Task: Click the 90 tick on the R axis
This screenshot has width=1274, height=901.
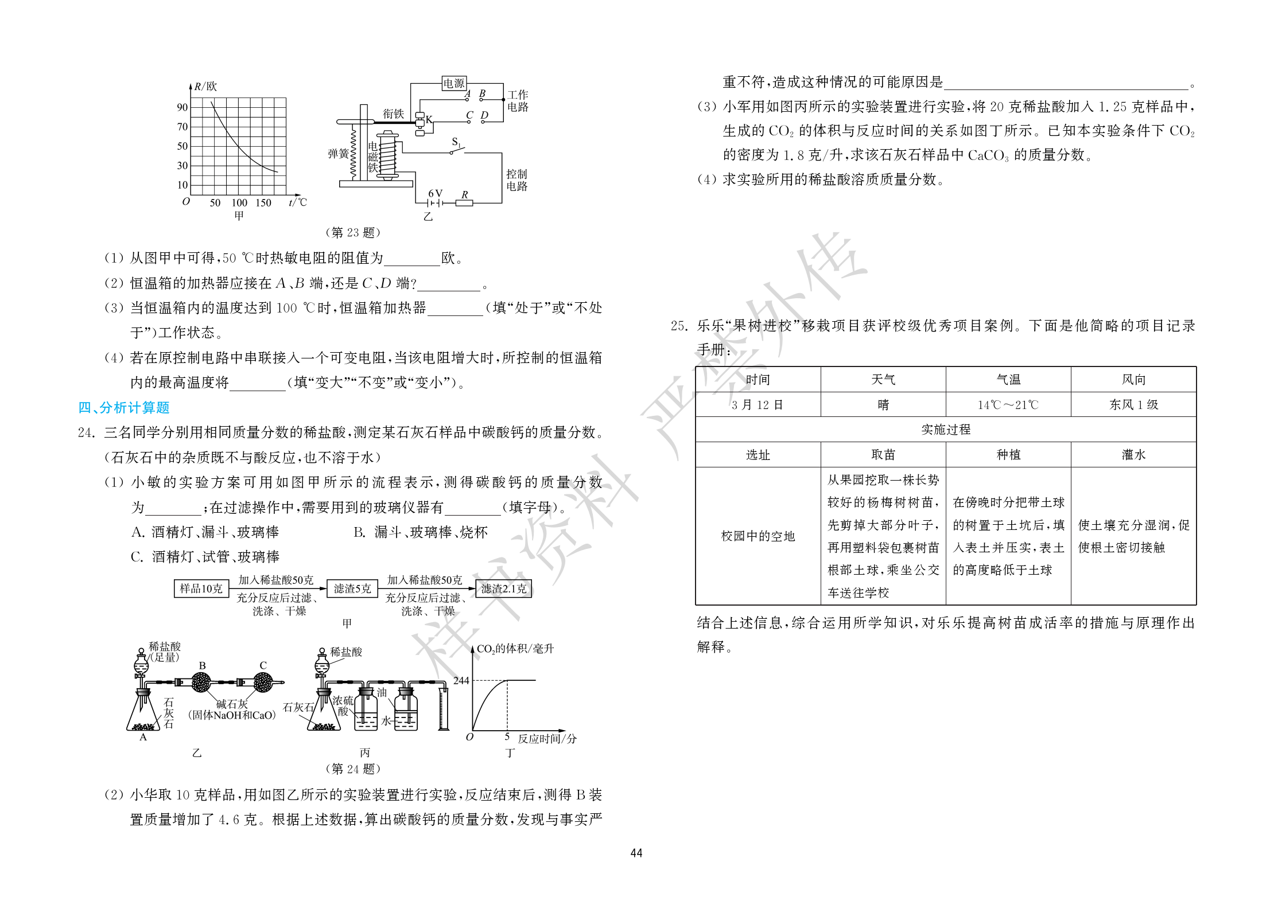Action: click(182, 107)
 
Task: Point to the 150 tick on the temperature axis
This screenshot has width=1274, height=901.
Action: click(263, 202)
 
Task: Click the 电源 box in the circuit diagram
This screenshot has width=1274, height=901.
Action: click(454, 83)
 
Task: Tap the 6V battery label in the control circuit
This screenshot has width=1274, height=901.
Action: click(436, 193)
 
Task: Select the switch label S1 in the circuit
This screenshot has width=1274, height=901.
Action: click(457, 142)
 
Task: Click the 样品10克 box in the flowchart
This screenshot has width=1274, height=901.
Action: click(201, 588)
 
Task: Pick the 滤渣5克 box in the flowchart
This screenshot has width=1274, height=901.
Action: click(352, 588)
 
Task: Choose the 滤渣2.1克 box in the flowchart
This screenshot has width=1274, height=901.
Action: click(503, 588)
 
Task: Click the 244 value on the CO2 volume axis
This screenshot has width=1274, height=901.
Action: click(461, 680)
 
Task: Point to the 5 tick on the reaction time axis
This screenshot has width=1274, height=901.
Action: click(507, 736)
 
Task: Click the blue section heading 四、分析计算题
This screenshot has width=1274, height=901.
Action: click(124, 407)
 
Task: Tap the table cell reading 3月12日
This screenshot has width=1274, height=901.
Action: click(758, 405)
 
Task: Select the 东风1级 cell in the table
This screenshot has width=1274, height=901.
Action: click(1133, 405)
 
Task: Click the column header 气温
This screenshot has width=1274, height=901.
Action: click(1008, 380)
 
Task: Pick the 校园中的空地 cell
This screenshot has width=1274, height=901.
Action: click(758, 536)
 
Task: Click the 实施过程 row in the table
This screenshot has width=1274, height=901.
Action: click(946, 430)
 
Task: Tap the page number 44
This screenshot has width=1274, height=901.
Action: click(636, 853)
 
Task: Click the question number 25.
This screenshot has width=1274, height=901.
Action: click(679, 326)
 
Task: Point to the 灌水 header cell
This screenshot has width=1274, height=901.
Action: click(1133, 455)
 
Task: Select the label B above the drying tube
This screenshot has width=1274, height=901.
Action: click(202, 665)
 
